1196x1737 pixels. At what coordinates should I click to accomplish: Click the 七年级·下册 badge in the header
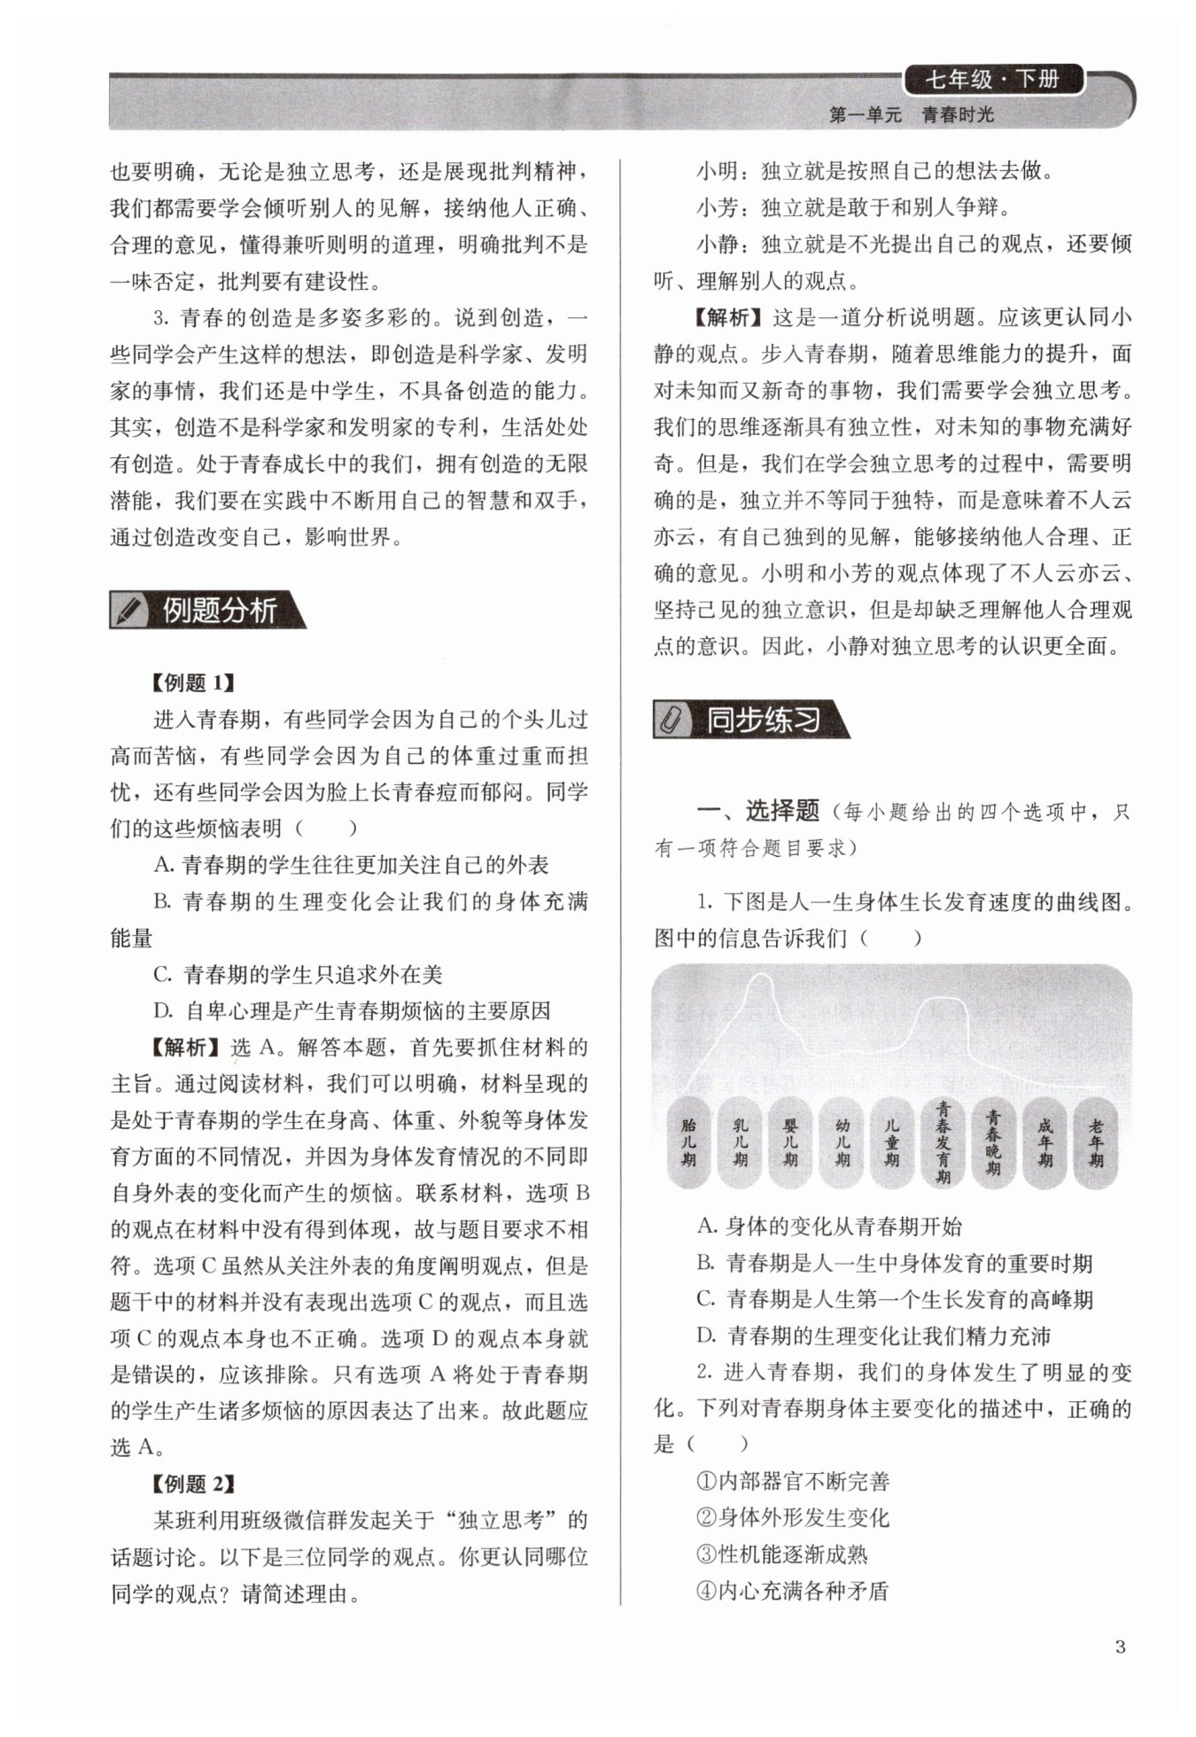992,80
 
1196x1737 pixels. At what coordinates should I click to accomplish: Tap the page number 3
1120,1647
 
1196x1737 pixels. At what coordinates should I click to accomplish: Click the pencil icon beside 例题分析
129,610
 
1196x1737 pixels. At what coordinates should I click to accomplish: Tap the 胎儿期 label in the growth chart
688,1142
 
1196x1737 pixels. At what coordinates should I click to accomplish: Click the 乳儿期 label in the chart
740,1142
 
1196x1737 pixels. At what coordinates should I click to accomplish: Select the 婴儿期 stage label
791,1142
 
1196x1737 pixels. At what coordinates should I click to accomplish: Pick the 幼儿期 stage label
843,1142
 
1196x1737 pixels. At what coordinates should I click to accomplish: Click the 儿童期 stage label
893,1142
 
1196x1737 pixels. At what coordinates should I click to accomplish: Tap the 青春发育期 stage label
944,1142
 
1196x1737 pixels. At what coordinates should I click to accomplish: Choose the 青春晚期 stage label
994,1142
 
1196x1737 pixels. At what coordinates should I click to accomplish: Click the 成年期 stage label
1045,1142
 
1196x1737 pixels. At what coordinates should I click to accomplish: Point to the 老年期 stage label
1097,1142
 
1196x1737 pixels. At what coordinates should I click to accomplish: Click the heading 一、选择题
758,810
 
